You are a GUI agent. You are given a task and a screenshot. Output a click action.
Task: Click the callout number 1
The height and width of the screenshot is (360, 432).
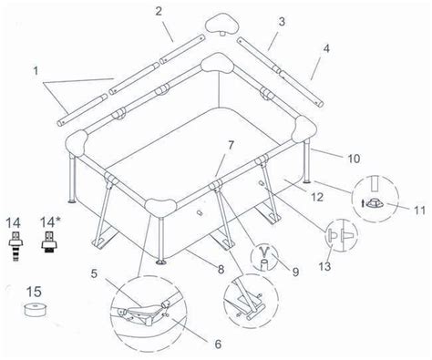(36, 71)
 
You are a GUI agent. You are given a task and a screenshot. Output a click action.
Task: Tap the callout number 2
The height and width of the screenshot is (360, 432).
(159, 12)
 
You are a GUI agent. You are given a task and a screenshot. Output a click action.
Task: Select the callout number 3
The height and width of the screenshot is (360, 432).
(282, 22)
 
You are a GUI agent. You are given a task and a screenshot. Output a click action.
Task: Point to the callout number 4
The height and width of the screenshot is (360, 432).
(326, 48)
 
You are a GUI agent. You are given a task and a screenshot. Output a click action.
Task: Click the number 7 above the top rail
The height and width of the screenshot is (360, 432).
(231, 145)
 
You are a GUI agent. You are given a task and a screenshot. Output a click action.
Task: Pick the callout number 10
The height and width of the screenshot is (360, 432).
(354, 159)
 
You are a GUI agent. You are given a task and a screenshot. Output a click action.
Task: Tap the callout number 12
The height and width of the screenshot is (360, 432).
(317, 197)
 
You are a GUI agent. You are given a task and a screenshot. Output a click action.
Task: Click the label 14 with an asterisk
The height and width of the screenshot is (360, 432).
(49, 222)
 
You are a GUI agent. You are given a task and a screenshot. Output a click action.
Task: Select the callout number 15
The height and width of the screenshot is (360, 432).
(34, 292)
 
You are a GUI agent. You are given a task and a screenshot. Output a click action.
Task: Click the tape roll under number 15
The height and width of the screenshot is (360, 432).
(36, 309)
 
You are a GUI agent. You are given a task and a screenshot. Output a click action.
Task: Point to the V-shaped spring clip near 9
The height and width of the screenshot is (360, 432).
(265, 251)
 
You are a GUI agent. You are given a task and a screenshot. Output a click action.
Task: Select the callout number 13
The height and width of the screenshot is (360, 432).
(324, 266)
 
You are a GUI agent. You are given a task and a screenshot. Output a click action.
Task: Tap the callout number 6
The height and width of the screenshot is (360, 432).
(218, 345)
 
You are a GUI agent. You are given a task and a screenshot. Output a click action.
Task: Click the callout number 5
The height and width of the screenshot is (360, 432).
(94, 273)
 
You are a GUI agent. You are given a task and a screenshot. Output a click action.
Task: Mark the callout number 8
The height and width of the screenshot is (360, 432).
(221, 269)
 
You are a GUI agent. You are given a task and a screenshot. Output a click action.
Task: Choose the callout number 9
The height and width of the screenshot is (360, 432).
(295, 272)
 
